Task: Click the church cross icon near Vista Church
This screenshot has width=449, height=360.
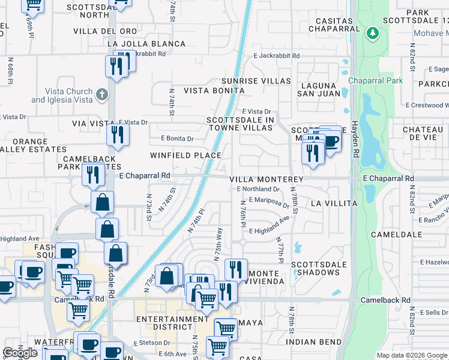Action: [x=103, y=94]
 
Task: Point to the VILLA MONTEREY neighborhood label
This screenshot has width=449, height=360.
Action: [x=266, y=179]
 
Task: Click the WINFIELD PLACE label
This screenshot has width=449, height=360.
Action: [x=185, y=155]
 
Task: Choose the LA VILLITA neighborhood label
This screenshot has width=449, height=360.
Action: [x=334, y=203]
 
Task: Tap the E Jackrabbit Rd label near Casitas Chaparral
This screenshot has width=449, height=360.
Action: [x=276, y=55]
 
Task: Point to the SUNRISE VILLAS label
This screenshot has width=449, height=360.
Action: [x=256, y=81]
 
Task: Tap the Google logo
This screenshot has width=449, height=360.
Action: [x=20, y=353]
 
